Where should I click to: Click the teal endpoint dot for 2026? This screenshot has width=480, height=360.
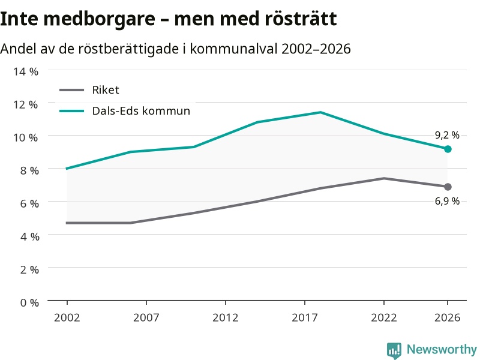click(x=448, y=149)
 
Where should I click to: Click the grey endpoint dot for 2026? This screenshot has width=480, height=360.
click(x=448, y=187)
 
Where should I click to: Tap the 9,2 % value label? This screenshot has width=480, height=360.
click(x=447, y=135)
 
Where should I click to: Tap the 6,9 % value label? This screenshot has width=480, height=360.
click(x=447, y=201)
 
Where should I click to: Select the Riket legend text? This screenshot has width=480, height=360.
click(x=106, y=90)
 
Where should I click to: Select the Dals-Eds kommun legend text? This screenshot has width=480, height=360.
click(x=141, y=111)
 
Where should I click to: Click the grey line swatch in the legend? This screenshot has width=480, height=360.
click(x=71, y=90)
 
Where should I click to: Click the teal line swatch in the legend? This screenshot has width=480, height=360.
click(x=71, y=111)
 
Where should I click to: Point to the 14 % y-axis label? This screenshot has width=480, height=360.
click(x=26, y=71)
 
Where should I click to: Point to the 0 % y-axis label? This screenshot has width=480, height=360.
click(x=29, y=303)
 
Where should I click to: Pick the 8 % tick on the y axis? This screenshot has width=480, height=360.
click(x=29, y=170)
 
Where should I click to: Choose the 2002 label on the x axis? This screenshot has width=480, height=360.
click(x=67, y=318)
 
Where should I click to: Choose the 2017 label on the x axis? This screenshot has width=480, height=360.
click(x=305, y=318)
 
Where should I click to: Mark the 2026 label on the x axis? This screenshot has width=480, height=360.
click(x=447, y=318)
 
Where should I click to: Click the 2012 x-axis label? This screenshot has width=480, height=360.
click(x=226, y=318)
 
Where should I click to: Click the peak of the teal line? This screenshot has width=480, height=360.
click(x=320, y=112)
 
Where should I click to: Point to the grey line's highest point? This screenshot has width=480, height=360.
click(x=384, y=178)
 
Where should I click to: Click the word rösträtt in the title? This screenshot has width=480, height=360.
click(x=301, y=19)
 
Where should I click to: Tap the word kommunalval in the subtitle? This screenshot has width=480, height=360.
click(x=234, y=49)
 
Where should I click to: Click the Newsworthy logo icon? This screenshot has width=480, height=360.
click(x=394, y=350)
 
